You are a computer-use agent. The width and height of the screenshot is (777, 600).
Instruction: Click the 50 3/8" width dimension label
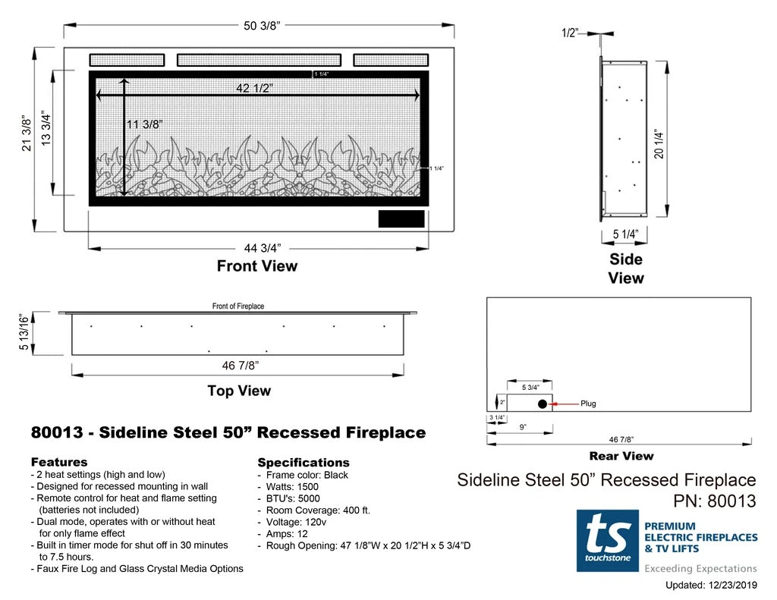262,27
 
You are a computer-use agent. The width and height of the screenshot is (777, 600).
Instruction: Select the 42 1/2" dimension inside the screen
254,88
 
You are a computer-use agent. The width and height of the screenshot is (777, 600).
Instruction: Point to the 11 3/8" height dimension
143,124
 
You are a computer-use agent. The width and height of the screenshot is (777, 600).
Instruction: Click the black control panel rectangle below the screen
401,219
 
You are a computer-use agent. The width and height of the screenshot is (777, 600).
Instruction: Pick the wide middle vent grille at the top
259,59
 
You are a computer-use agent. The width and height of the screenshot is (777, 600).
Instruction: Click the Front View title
257,266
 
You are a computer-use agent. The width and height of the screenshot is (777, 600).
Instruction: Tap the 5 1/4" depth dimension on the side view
625,234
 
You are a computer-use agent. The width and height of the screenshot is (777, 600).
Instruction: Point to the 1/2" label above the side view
570,33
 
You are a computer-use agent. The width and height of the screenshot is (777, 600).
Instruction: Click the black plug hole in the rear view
543,404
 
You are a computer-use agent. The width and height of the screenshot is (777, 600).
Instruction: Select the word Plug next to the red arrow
588,404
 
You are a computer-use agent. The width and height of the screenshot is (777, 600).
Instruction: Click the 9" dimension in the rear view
524,428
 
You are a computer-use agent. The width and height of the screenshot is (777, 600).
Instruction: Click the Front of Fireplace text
238,306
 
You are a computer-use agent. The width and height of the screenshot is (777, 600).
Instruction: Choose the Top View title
239,391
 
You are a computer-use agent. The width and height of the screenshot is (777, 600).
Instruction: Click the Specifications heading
304,462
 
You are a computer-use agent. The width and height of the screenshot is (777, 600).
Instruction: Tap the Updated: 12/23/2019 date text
711,585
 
